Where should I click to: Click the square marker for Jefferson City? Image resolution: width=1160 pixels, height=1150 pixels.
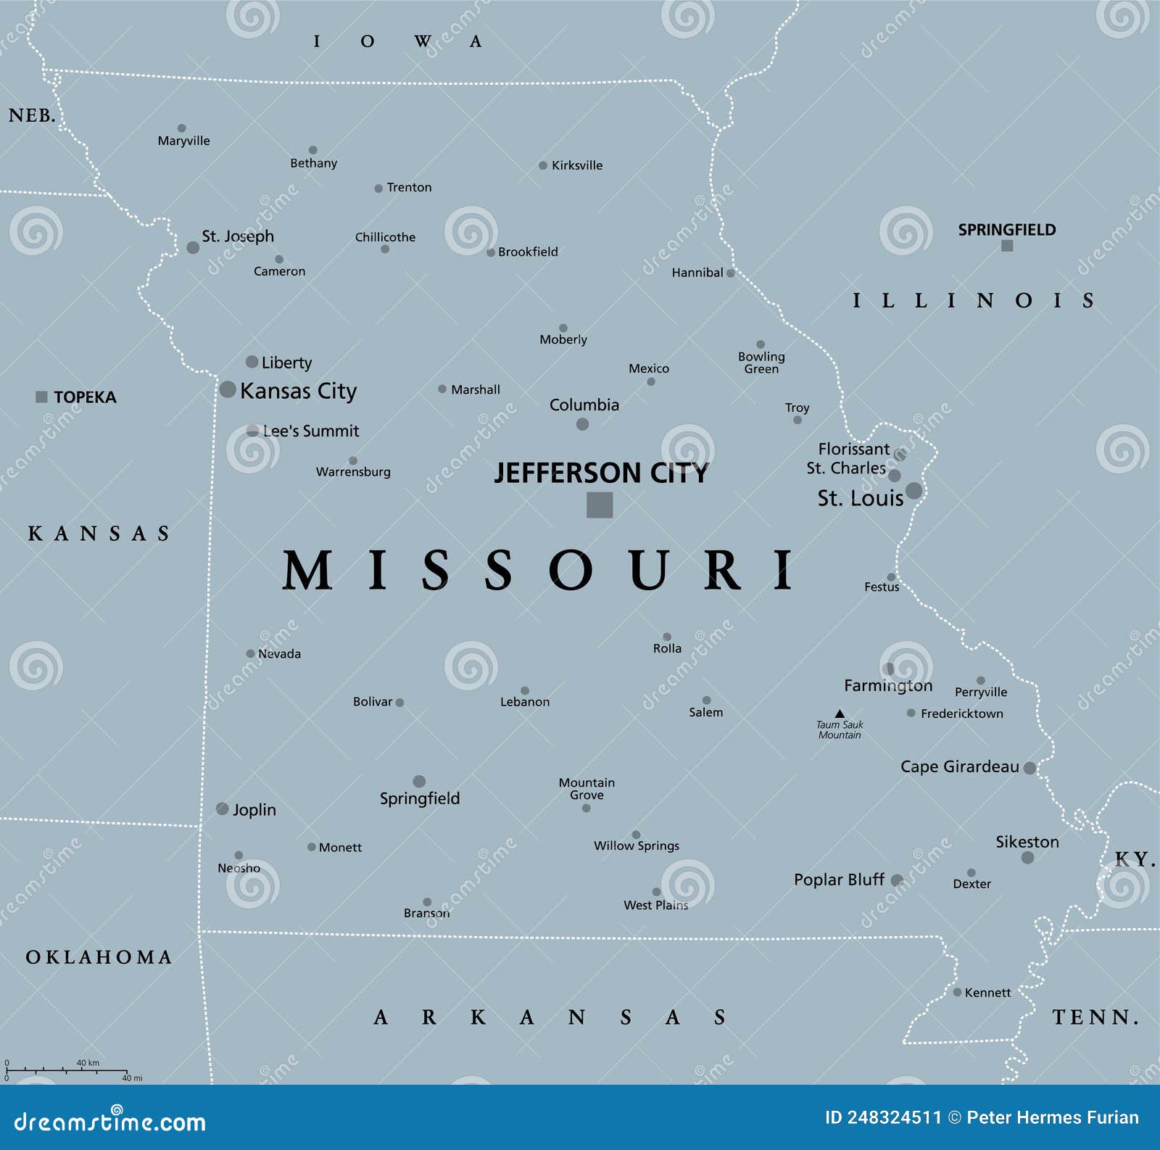[x=600, y=505]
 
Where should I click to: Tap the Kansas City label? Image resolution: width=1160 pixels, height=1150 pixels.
[x=298, y=391]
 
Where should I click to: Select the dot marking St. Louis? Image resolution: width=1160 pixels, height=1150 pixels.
[x=913, y=491]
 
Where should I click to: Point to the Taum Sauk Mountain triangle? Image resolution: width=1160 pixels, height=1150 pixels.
[x=840, y=713]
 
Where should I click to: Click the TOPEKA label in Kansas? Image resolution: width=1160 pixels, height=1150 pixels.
[x=85, y=397]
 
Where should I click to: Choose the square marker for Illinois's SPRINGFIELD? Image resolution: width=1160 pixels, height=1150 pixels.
[x=1007, y=246]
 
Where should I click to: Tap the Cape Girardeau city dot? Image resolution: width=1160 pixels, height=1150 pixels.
[x=1029, y=768]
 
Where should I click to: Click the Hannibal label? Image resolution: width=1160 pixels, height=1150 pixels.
[x=697, y=273]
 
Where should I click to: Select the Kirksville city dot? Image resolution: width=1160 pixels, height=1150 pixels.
[x=543, y=165]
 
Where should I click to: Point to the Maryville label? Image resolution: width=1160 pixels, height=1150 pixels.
[x=183, y=141]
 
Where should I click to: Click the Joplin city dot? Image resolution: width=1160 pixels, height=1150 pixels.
[x=223, y=808]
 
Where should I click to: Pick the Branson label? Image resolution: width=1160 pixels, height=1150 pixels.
[x=426, y=913]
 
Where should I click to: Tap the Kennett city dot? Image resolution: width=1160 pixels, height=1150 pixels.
[x=957, y=992]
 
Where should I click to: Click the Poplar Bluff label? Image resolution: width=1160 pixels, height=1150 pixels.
[x=839, y=880]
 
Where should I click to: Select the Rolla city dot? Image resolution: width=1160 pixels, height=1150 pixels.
[x=667, y=637]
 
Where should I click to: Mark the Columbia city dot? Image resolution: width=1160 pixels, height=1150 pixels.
[x=582, y=424]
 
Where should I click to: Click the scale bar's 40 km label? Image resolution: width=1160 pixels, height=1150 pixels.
[x=88, y=1063]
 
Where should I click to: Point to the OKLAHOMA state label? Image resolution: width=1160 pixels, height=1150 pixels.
[x=99, y=957]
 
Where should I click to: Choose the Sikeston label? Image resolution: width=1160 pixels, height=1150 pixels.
[x=1027, y=842]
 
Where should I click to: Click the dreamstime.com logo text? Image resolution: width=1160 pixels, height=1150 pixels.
[x=110, y=1122]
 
